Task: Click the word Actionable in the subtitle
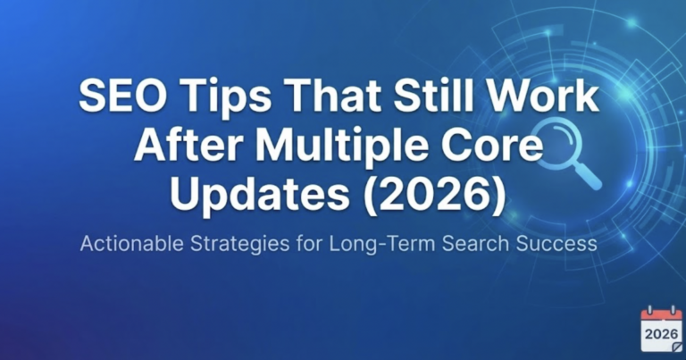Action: pos(134,243)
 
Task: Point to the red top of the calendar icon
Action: pos(661,314)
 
